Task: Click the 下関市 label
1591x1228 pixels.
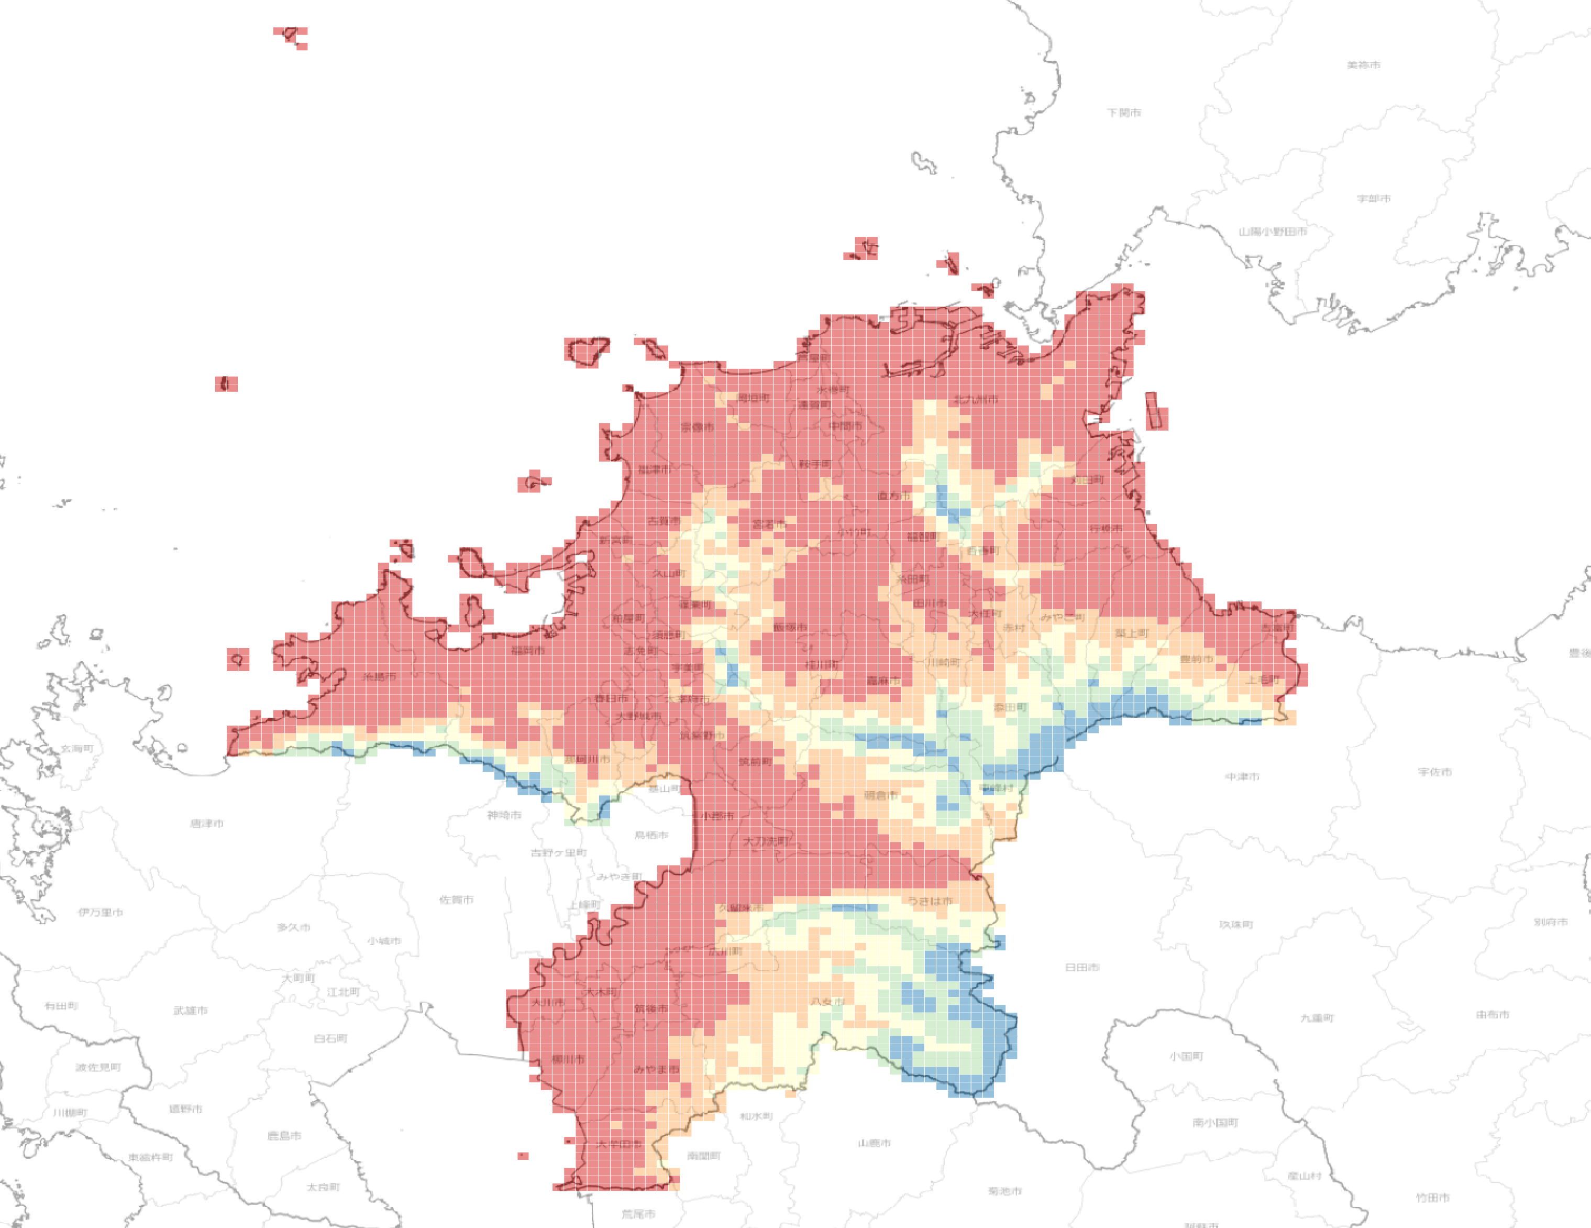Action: [x=1124, y=113]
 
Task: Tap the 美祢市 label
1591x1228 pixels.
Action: [x=1363, y=65]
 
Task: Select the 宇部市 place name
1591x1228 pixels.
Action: [x=1373, y=198]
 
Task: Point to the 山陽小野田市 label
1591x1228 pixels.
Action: [x=1273, y=232]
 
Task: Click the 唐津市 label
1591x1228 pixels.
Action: [x=207, y=824]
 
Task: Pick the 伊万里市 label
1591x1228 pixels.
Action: [x=101, y=913]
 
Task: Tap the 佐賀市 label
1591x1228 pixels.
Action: [x=456, y=900]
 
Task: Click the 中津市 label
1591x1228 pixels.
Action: [x=1242, y=777]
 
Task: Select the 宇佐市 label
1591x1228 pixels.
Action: [x=1434, y=772]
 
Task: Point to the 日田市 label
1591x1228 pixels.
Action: [x=1082, y=967]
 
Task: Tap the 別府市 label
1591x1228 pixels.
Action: [x=1550, y=922]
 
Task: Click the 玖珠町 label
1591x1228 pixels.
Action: [x=1236, y=925]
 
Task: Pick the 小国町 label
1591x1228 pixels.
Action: [x=1187, y=1056]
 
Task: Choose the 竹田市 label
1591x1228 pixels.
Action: [x=1432, y=1198]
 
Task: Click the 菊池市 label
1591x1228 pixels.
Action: [x=1004, y=1191]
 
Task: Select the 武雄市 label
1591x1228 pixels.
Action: [x=190, y=1010]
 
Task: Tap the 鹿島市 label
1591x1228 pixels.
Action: [x=284, y=1135]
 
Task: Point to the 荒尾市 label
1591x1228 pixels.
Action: [x=638, y=1214]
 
